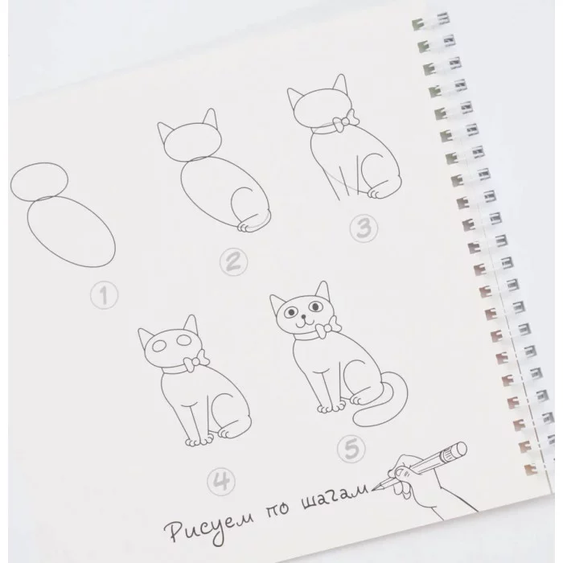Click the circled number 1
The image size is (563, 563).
(104, 295)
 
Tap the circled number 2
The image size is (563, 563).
(234, 262)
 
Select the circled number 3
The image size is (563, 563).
(364, 228)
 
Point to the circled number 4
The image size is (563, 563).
(221, 481)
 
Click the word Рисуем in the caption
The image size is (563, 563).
(209, 525)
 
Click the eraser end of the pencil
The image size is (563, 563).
(459, 449)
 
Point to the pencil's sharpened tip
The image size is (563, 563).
(372, 489)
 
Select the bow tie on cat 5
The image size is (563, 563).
(327, 327)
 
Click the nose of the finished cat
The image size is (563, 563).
(304, 317)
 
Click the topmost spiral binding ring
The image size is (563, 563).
(431, 20)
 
